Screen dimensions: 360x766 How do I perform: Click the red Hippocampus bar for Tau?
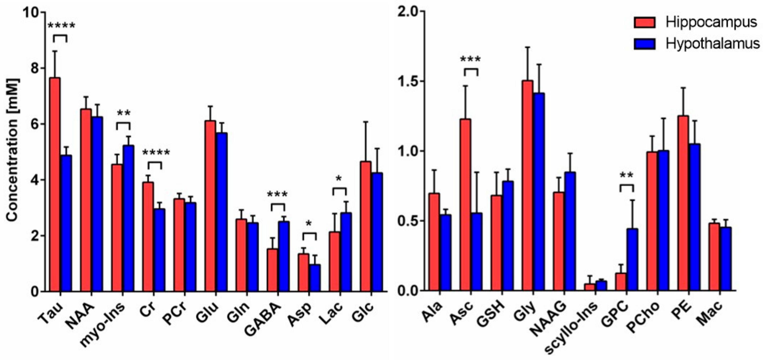pos(55,184)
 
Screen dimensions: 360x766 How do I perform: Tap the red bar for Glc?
pos(366,226)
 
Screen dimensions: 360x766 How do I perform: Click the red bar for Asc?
pos(465,205)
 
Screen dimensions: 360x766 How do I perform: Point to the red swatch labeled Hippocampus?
pos(644,23)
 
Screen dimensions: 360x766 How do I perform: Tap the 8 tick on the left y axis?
pos(35,68)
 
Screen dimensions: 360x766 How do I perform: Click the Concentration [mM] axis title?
pos(12,150)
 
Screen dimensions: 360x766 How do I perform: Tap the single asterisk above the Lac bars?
pos(339,179)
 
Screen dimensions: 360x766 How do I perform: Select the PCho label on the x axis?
pos(644,317)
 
